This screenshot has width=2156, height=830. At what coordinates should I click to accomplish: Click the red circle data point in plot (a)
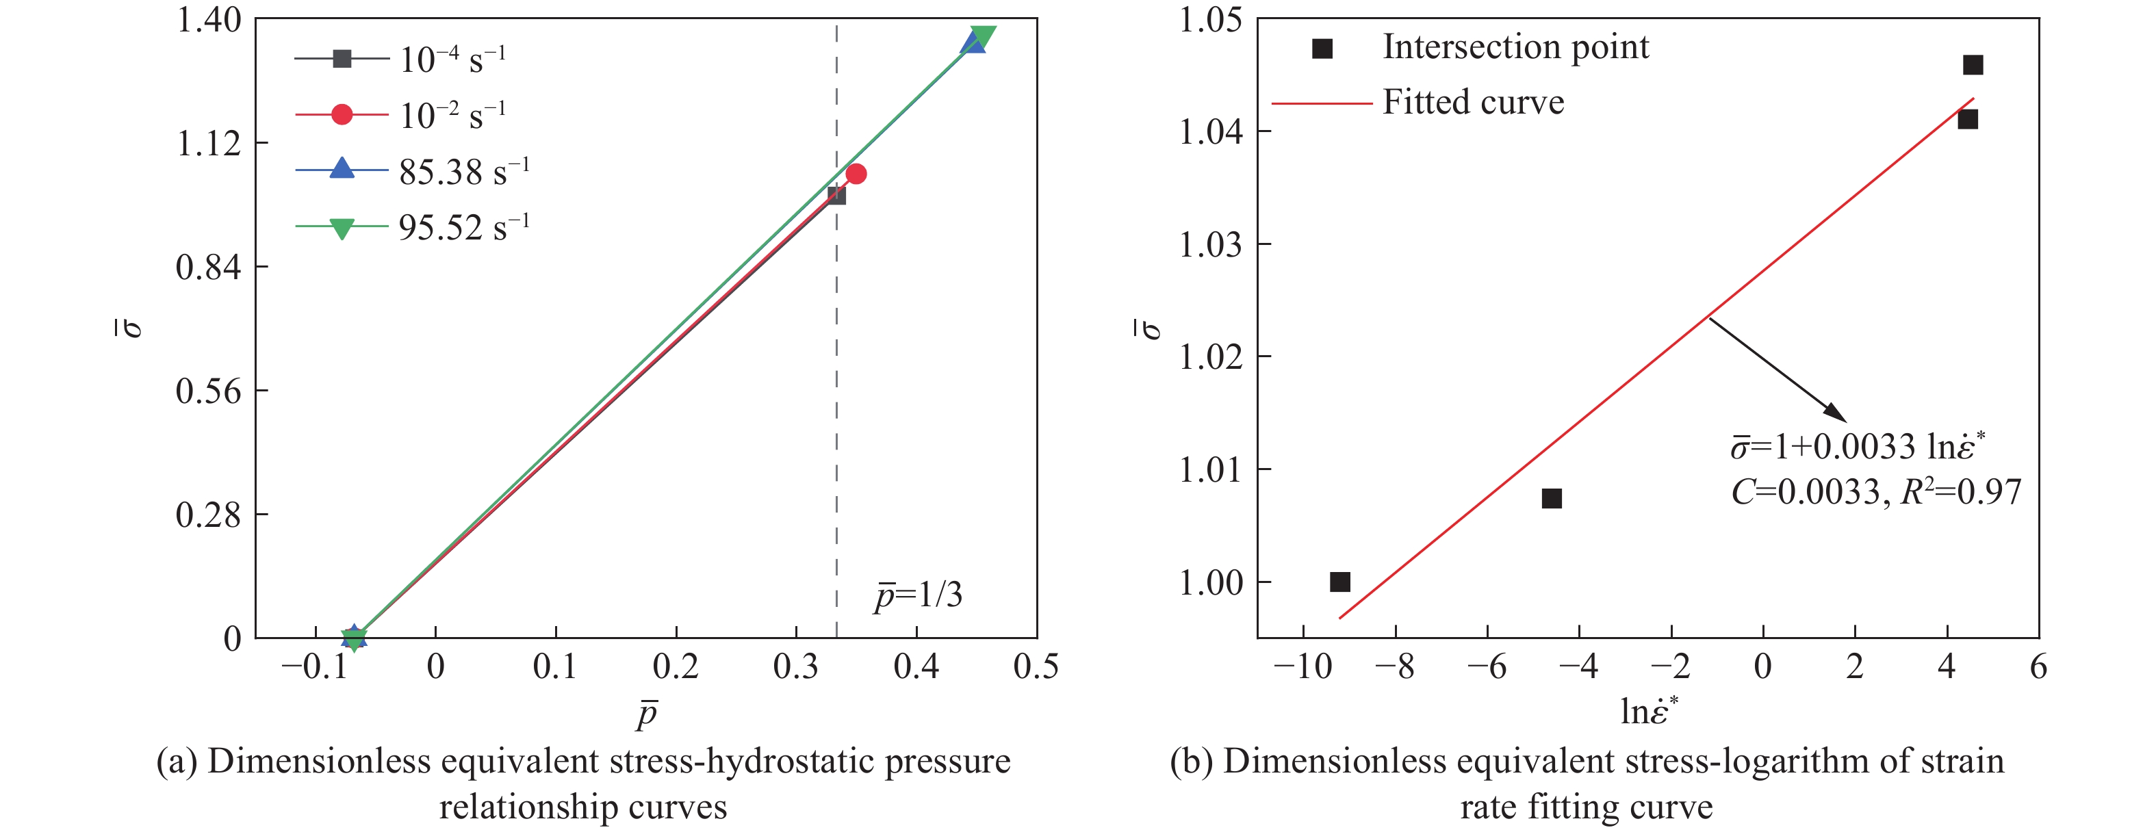856,174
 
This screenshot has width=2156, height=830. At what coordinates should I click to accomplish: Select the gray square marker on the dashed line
836,195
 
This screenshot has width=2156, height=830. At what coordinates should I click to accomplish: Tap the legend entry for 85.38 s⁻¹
463,172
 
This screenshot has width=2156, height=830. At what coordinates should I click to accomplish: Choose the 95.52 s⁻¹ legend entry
463,228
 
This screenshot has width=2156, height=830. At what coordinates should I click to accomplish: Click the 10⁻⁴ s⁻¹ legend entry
452,60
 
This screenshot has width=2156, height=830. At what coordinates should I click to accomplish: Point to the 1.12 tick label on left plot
208,144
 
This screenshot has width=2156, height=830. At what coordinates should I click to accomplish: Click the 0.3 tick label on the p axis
796,667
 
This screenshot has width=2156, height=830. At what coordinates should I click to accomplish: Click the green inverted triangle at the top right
984,37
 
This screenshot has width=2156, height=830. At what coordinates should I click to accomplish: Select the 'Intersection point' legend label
1515,47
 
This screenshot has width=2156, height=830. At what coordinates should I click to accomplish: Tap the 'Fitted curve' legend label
1473,102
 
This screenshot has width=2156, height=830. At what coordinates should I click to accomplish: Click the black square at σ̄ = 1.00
1340,582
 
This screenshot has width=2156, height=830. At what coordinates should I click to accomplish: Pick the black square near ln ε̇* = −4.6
1552,499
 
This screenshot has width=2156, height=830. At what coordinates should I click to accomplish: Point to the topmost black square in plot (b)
1973,65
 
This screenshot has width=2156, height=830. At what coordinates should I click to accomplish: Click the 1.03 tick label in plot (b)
1210,245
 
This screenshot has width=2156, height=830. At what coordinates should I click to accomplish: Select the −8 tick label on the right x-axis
1395,667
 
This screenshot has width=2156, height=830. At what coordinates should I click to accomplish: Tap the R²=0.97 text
1961,492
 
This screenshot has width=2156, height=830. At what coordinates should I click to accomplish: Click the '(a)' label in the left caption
177,762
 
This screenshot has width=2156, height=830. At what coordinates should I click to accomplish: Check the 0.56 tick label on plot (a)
208,391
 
